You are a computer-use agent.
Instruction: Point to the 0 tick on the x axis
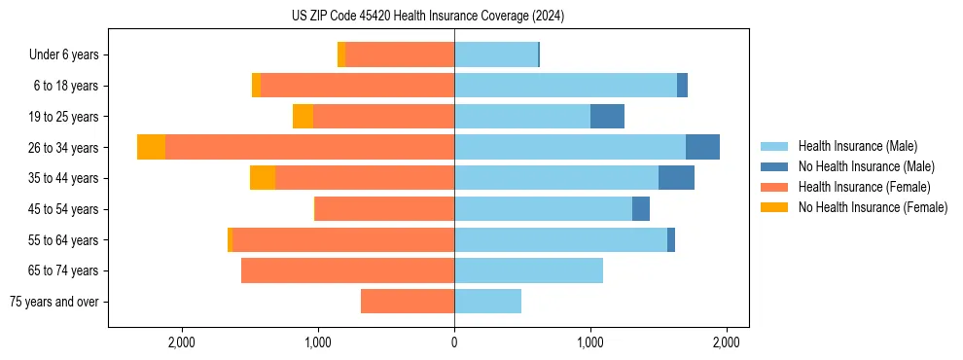tap(454, 342)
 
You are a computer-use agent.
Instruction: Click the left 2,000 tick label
tap(182, 342)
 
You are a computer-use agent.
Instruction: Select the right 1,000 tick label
tap(590, 342)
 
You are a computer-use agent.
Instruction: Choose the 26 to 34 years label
tap(65, 147)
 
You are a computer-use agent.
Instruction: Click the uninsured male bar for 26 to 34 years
tap(702, 147)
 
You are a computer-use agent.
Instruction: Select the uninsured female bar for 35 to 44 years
tap(263, 178)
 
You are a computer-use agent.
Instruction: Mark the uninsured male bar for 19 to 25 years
tap(607, 116)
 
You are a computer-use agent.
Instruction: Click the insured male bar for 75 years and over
tap(487, 302)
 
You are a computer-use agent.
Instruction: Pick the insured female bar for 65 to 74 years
tap(347, 270)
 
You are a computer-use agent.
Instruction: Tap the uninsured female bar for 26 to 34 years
tap(151, 147)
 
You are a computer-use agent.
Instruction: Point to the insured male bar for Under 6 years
tap(496, 54)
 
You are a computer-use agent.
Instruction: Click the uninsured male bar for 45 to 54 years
tap(641, 209)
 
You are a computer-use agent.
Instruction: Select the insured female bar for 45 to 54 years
tap(385, 209)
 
